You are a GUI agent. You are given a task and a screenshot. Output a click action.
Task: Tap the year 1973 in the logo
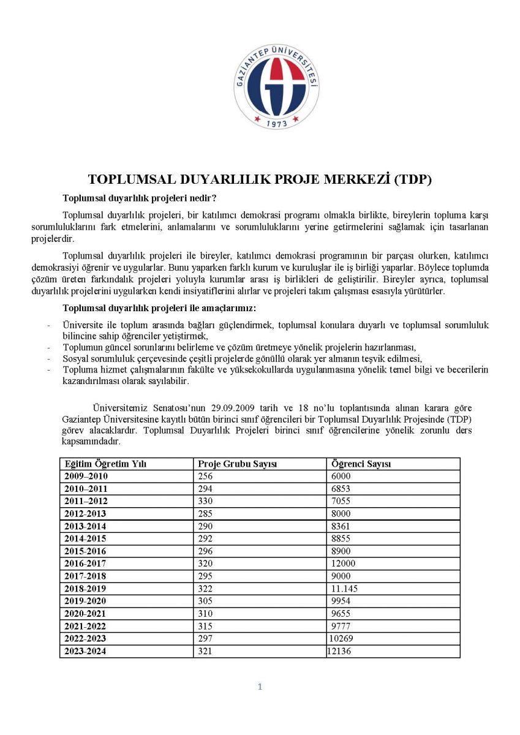[277, 123]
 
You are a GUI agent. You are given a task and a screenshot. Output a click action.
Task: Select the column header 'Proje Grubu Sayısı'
[238, 464]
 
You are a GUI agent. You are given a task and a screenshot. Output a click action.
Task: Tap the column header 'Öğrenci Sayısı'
[361, 464]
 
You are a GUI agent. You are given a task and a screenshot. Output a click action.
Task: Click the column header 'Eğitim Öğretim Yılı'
[106, 464]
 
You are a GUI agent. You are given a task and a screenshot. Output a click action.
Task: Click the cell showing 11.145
[344, 589]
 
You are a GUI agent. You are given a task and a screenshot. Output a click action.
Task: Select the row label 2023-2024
[86, 652]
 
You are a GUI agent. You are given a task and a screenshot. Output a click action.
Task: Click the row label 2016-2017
[86, 563]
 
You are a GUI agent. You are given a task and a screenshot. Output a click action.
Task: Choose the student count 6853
[341, 489]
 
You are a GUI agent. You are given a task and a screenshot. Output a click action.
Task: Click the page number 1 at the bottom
[260, 687]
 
